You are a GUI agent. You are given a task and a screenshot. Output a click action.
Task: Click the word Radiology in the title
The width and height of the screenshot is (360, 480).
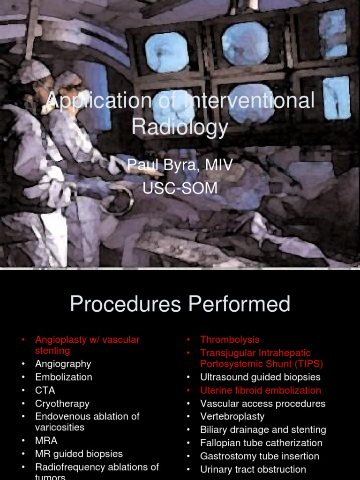tap(180, 127)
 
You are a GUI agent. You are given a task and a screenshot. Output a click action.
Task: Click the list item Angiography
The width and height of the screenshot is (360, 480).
tap(63, 364)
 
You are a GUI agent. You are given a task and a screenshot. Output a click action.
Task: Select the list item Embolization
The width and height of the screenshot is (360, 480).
tap(63, 377)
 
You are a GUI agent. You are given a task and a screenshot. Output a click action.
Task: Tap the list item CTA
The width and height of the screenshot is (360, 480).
tap(45, 390)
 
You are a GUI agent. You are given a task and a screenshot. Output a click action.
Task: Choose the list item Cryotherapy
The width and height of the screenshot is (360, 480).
tap(62, 403)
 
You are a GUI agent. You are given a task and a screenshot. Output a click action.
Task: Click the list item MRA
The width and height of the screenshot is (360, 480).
tap(46, 441)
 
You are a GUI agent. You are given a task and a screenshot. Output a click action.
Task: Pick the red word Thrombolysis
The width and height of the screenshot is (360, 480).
tap(230, 339)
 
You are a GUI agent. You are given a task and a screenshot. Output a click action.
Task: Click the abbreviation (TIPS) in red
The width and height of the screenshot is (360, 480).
tap(306, 364)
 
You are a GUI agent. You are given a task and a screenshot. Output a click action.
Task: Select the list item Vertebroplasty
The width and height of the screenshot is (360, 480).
tap(232, 416)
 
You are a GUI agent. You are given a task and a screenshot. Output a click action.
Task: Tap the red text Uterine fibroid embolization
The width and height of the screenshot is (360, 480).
tap(261, 390)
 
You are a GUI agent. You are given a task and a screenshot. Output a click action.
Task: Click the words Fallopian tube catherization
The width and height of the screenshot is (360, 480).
tap(261, 442)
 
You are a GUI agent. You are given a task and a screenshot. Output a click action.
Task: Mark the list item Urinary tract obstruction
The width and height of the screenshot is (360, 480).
tap(253, 469)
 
